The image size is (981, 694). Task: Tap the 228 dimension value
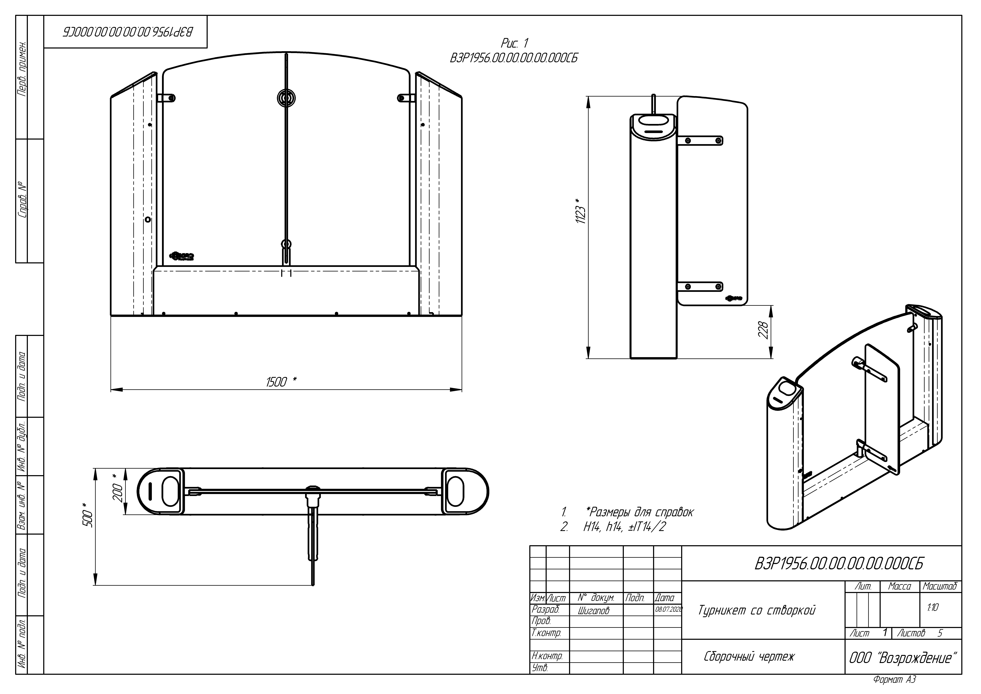(x=763, y=330)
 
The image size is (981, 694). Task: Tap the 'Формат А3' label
(x=894, y=679)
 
